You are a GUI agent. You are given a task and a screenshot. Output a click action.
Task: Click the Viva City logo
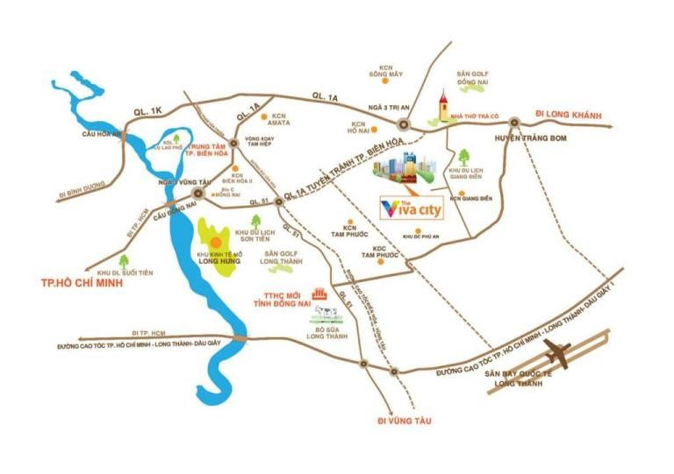point(404,209)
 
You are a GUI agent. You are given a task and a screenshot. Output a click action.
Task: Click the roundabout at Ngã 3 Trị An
point(405,124)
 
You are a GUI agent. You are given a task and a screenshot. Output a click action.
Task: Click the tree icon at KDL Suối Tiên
point(125,260)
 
